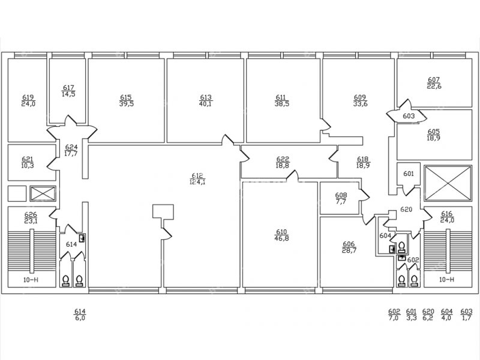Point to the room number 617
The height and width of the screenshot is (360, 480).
pos(68,88)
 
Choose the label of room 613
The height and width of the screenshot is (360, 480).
pos(206,97)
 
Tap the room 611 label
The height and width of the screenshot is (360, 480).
pos(281,97)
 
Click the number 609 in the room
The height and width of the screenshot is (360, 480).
pos(360,97)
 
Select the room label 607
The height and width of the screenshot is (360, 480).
pos(434,80)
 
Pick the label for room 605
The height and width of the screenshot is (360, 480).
pos(434,131)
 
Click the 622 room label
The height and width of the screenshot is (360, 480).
pos(282,158)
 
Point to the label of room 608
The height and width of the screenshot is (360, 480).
pos(341,195)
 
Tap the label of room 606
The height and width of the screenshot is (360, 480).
pos(349,244)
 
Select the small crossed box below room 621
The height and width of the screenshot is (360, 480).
pos(41,193)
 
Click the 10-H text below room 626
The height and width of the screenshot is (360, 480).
pos(27,280)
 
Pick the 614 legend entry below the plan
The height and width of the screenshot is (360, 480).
pos(80,311)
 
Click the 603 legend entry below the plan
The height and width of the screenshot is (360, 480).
pos(466,311)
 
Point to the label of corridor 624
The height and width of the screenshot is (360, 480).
pos(71,147)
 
